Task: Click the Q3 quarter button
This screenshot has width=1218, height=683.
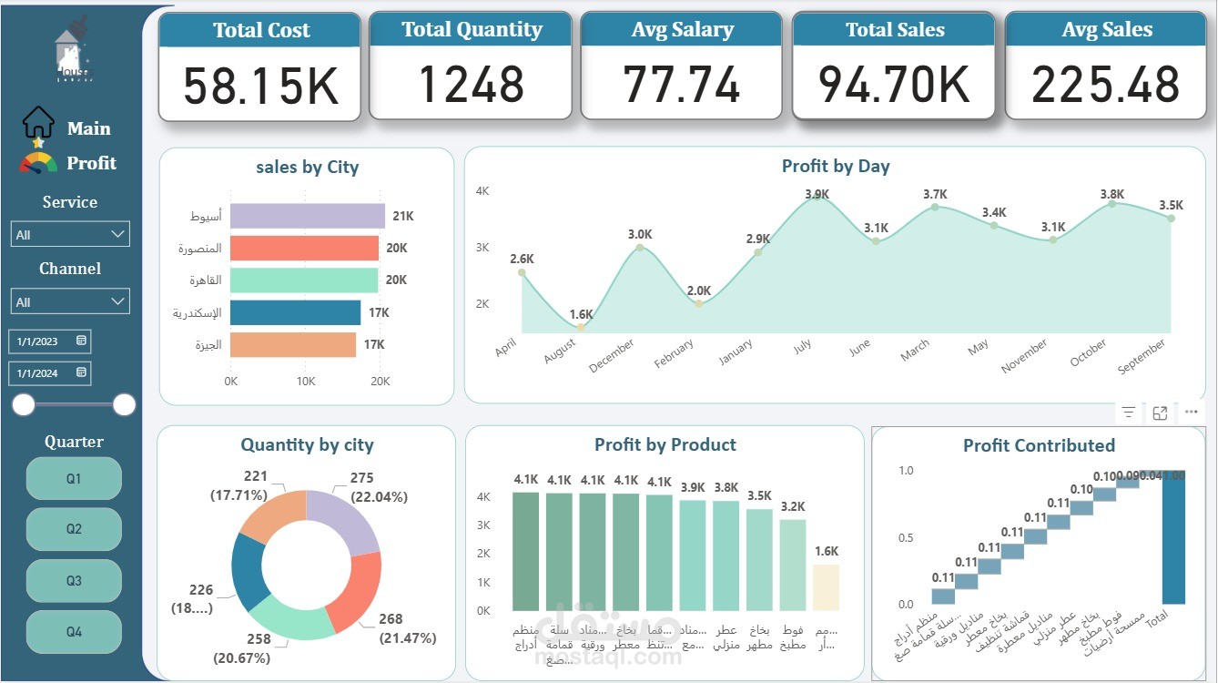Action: tap(74, 581)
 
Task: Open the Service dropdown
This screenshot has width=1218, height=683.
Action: tap(70, 234)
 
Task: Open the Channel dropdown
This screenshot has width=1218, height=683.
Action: tap(70, 301)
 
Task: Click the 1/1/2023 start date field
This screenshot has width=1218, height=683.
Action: tap(49, 341)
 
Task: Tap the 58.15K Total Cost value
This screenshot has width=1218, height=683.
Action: tap(260, 85)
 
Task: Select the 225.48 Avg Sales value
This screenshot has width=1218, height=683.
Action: tap(1105, 85)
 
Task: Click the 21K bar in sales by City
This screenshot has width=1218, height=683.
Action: tap(307, 216)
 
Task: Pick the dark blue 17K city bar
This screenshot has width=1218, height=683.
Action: tap(295, 312)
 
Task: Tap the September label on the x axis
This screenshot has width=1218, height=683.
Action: tap(1142, 356)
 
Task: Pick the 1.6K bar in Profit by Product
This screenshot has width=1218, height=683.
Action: tap(826, 587)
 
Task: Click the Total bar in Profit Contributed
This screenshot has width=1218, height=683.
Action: tap(1173, 537)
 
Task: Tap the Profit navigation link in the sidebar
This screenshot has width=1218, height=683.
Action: tap(91, 163)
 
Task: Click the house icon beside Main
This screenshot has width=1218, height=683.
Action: tap(38, 123)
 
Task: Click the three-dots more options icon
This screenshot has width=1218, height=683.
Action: tap(1191, 413)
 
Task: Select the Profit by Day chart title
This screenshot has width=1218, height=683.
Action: tap(835, 166)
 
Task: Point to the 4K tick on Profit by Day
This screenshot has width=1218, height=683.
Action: tap(482, 191)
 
